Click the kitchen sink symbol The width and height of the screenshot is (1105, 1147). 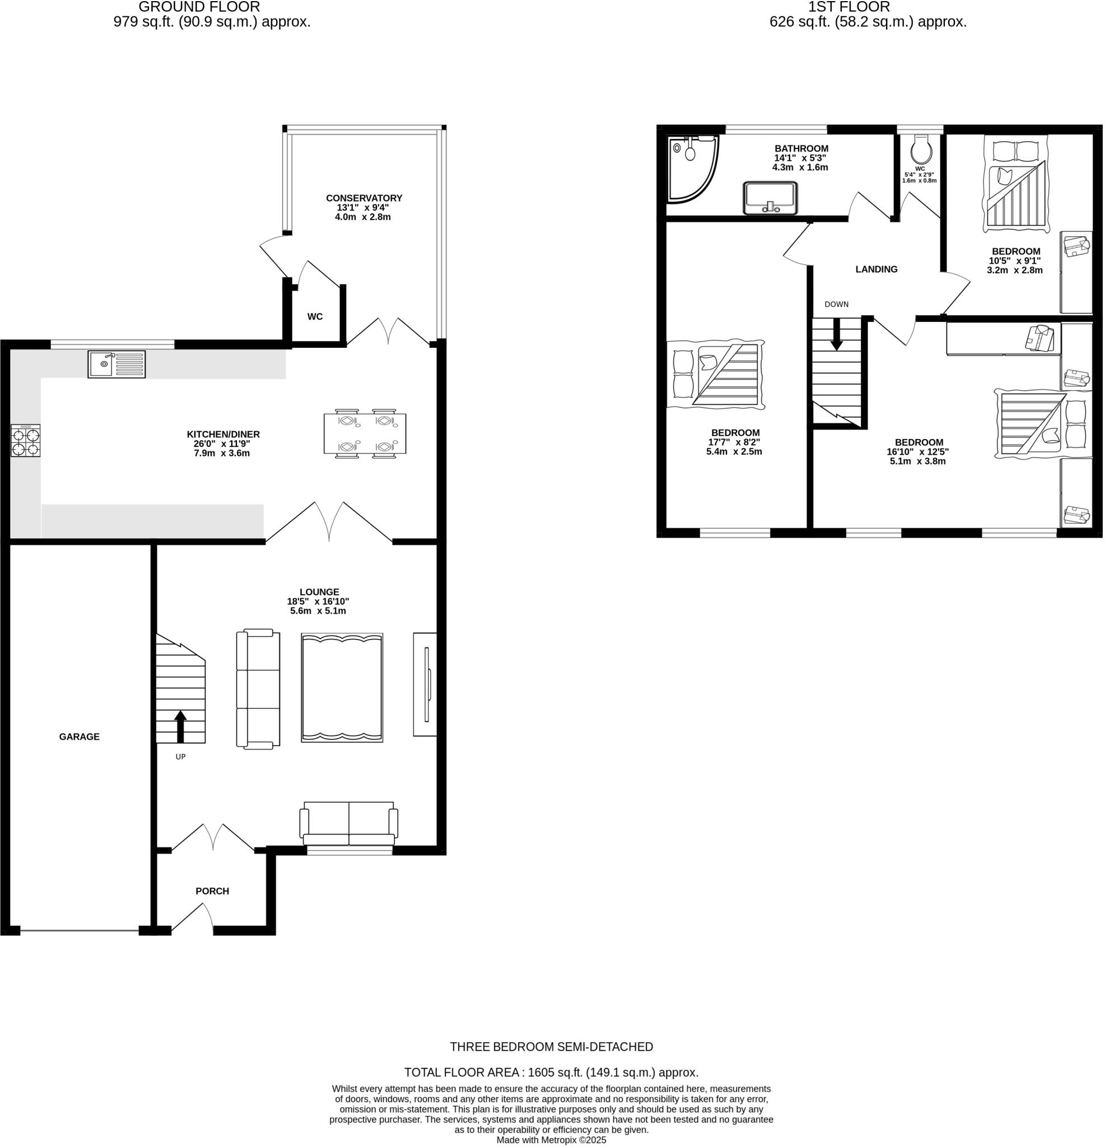pos(116,364)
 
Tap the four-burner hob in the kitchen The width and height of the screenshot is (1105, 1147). pos(26,440)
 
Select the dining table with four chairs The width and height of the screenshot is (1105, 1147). pos(365,433)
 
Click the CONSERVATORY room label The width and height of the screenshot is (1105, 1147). pos(364,198)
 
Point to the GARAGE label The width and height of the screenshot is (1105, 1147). pos(79,736)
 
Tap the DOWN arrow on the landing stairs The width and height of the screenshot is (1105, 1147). pos(836,334)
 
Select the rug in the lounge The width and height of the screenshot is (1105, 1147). pos(342,687)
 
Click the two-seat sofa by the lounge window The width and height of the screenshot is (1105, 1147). pos(349,822)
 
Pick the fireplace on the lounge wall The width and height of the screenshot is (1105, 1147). pos(426,683)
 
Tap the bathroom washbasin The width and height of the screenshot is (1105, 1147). pos(770,198)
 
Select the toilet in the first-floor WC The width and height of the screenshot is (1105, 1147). pos(921,151)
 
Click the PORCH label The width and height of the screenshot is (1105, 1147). pos(212,890)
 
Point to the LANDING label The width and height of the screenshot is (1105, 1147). pos(876,269)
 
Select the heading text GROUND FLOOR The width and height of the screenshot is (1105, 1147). pos(199,7)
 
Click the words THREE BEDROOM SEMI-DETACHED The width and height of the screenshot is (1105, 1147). pos(551,1046)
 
